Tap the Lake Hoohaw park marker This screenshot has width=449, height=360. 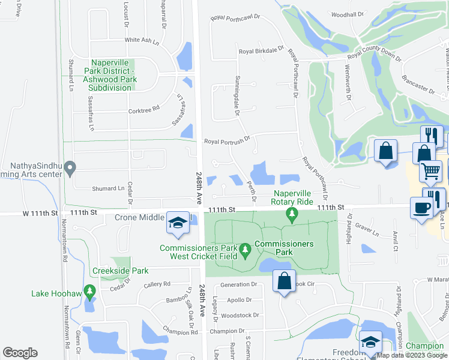[90, 293]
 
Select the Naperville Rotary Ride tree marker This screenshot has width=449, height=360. [292, 214]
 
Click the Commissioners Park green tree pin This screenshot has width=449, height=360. [245, 249]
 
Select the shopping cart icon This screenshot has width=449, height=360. [430, 171]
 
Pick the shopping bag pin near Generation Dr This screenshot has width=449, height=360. [285, 280]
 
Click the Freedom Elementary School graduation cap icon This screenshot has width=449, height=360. [370, 342]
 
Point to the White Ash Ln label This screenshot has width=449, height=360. [142, 40]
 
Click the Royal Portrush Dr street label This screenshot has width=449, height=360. [226, 142]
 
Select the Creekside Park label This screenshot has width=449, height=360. [120, 271]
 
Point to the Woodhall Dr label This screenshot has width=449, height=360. [348, 14]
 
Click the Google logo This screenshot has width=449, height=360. [20, 353]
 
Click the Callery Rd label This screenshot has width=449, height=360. [157, 284]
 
